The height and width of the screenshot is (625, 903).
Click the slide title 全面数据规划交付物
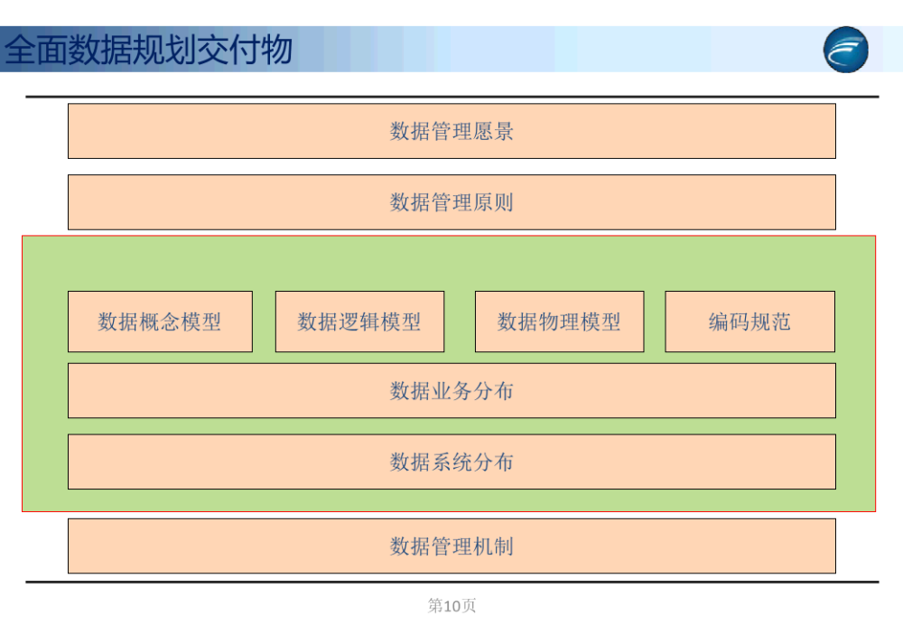tap(149, 50)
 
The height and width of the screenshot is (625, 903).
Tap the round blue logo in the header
tap(845, 50)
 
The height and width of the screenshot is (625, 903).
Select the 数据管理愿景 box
tap(451, 131)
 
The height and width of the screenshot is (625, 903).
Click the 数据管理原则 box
tap(451, 202)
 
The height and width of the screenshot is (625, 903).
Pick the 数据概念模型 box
tap(160, 322)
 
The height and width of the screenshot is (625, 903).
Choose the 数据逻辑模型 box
tap(360, 322)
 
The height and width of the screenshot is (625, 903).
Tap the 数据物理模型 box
tap(559, 322)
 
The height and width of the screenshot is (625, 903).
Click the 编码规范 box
tap(749, 322)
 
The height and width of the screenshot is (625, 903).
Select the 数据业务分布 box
tap(451, 390)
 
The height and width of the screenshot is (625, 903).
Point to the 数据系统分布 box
tap(451, 462)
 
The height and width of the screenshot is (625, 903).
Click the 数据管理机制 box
tap(451, 546)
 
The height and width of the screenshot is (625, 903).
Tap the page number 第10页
tap(451, 605)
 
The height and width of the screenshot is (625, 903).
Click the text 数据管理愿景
tap(451, 131)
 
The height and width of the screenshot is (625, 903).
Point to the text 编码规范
tap(749, 322)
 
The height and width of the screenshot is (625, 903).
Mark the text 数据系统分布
tap(451, 462)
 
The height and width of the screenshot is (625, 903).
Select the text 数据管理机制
tap(451, 546)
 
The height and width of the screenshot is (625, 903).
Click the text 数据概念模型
tap(160, 322)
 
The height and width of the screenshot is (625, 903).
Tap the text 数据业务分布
tap(451, 390)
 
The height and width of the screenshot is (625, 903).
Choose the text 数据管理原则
tap(451, 202)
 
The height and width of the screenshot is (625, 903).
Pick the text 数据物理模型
tap(559, 322)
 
